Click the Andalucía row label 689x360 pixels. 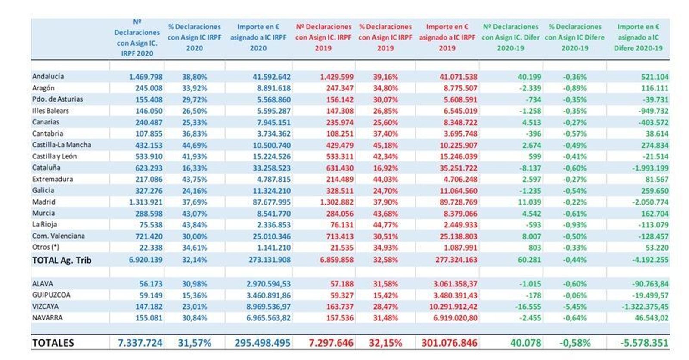coord(48,76)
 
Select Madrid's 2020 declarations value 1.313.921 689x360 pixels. coord(146,202)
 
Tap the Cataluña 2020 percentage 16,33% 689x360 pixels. coord(194,168)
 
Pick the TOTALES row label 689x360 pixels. coord(53,343)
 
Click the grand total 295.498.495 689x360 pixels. coord(262,343)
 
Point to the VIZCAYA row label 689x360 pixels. coord(45,307)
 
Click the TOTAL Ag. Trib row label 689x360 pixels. coord(62,260)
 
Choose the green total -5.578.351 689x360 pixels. coord(644,343)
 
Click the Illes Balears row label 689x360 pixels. coord(50,111)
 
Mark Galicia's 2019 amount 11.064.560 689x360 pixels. coord(453,191)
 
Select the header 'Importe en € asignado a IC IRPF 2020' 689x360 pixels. coord(258,37)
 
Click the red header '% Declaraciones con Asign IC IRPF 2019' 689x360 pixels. coord(385,37)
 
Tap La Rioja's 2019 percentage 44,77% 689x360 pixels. coord(385,225)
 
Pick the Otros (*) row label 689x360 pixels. coord(46,247)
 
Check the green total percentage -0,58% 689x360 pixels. coord(574,343)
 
